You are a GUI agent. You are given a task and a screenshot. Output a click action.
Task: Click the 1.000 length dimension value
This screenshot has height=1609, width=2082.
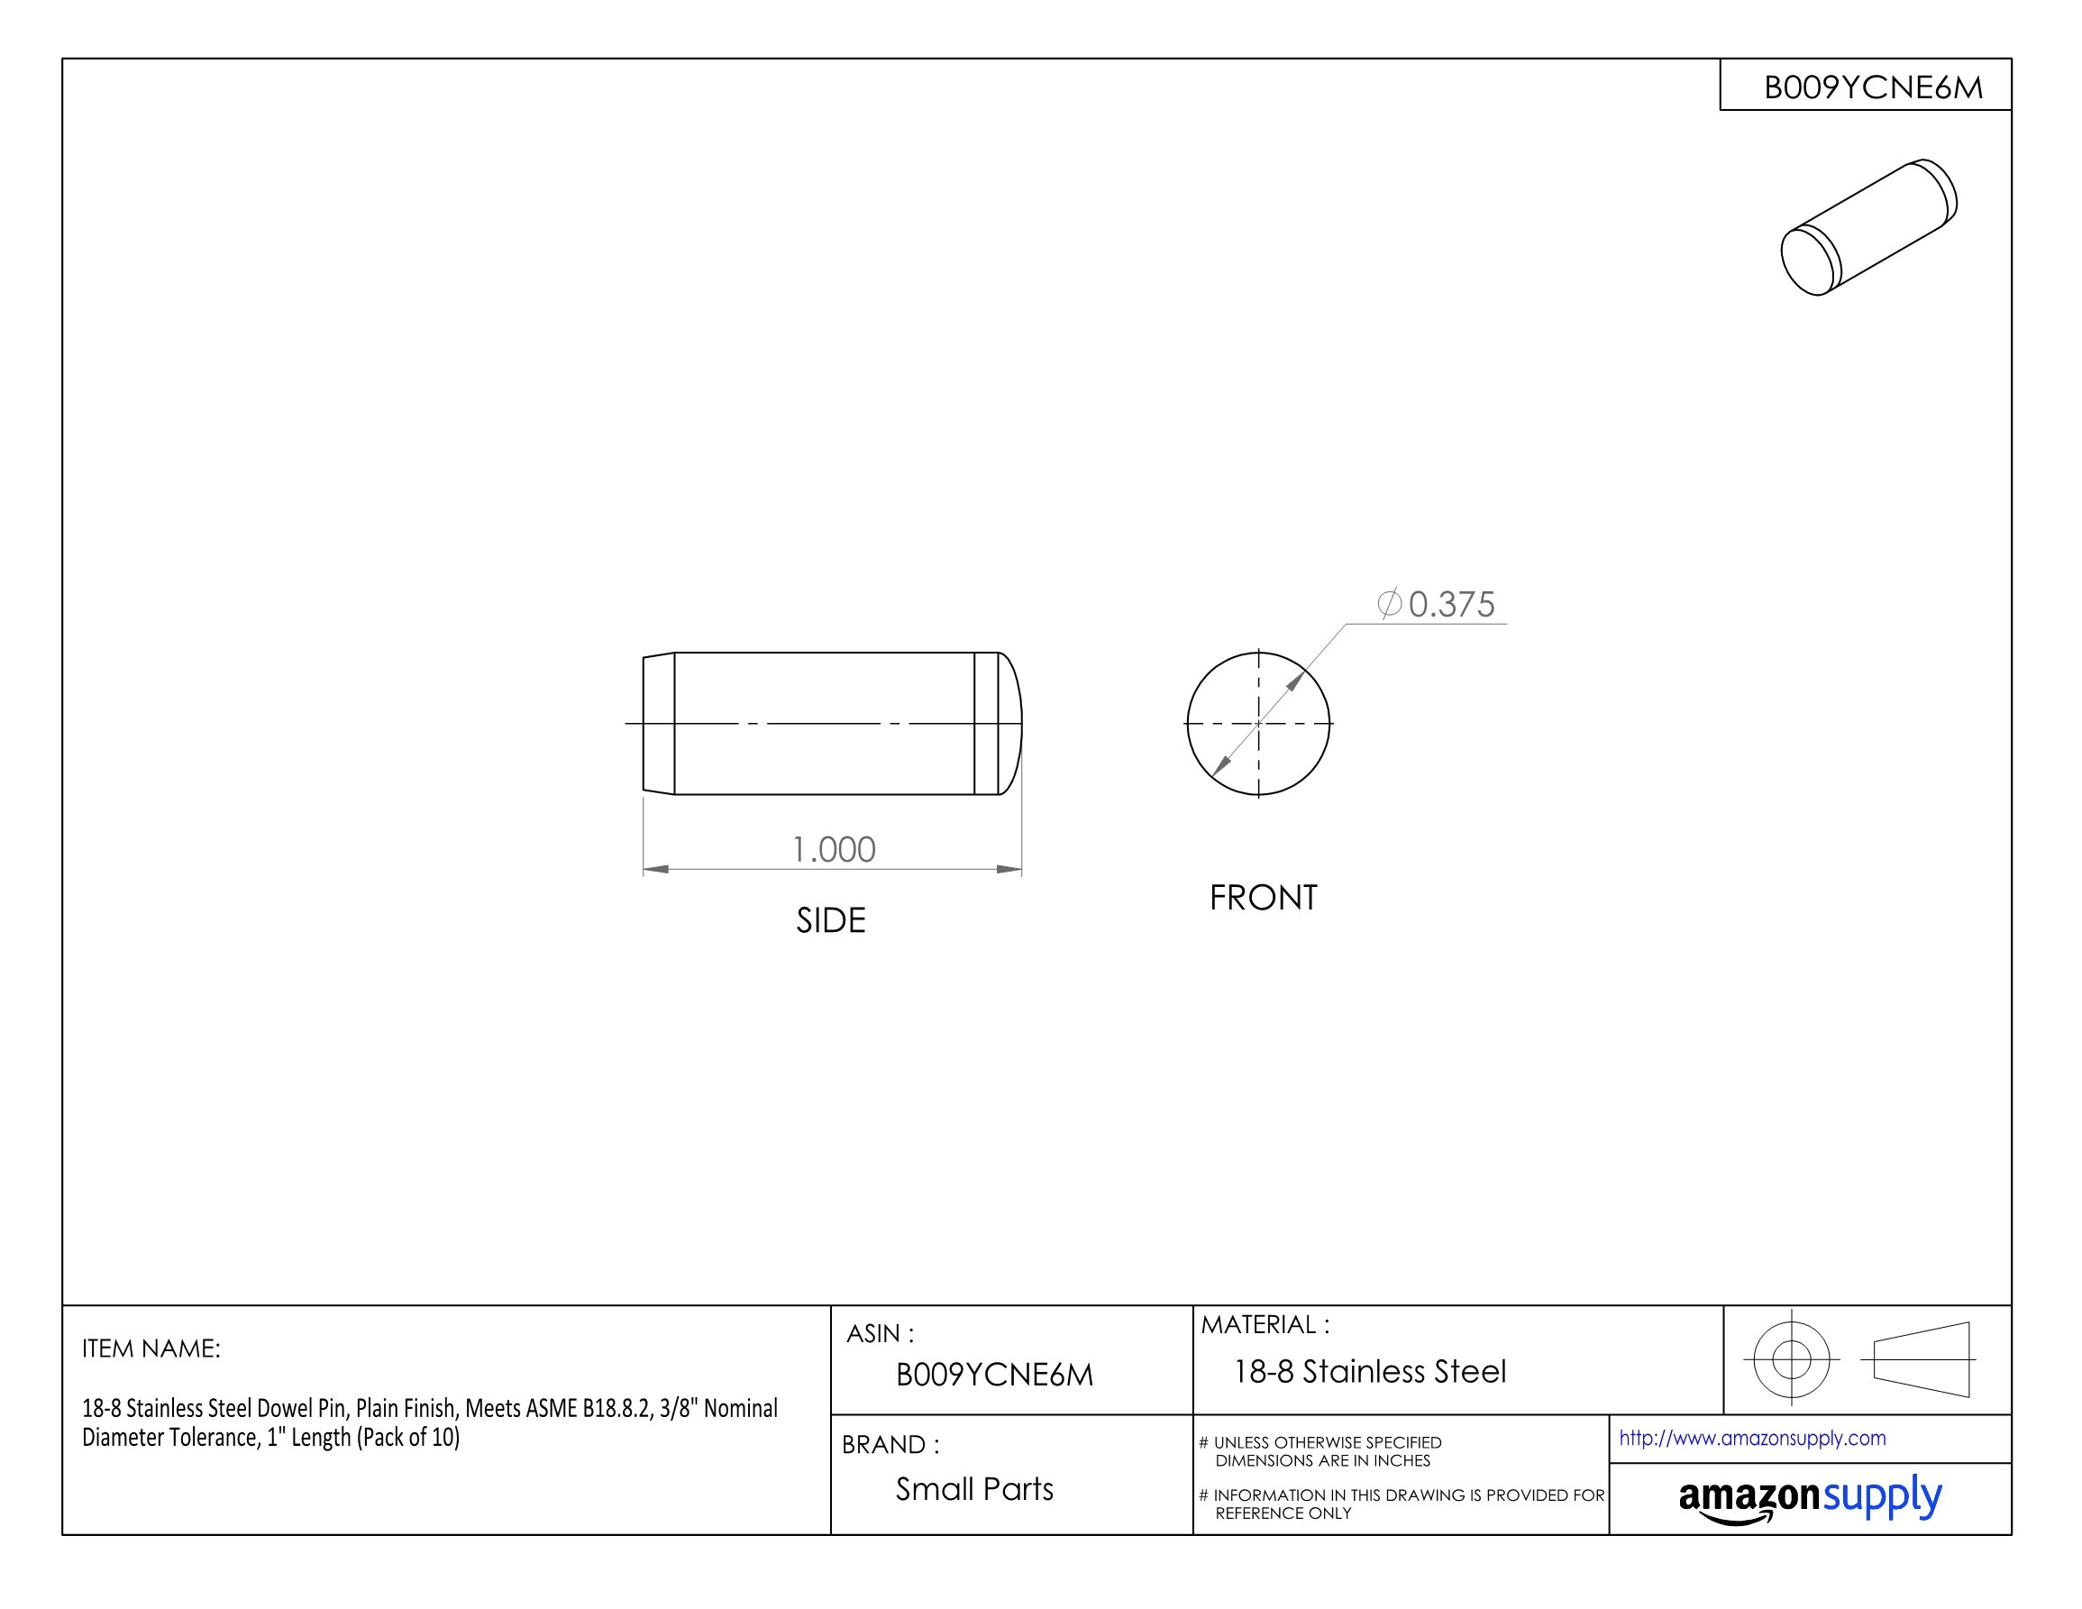(833, 849)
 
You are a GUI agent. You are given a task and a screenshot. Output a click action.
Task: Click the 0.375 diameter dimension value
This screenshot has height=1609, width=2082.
(1451, 604)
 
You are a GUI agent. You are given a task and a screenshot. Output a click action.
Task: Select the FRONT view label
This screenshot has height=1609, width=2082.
(1263, 898)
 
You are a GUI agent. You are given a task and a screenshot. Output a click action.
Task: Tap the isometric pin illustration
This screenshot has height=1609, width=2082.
(1867, 228)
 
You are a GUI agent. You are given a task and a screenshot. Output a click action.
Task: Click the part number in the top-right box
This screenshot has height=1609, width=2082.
(1872, 87)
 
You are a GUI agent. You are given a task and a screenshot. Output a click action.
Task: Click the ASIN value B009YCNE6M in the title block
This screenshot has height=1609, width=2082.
(994, 1375)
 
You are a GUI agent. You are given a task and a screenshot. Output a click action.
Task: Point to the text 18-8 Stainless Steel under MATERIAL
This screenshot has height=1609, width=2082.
(1370, 1372)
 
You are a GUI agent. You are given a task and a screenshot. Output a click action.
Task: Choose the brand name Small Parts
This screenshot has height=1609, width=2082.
(974, 1489)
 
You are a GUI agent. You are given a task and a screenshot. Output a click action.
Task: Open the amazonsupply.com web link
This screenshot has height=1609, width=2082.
(1751, 1438)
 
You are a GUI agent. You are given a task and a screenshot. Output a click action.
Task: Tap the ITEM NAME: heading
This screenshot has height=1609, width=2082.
(151, 1348)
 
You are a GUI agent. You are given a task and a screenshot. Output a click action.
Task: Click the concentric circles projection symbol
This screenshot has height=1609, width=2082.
(1790, 1359)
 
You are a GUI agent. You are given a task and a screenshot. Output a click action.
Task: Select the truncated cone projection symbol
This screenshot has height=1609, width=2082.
(1921, 1359)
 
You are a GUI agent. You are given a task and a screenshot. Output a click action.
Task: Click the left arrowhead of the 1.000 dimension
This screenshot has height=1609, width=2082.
(656, 869)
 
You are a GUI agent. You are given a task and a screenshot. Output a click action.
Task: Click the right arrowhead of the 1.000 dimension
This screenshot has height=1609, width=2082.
(1009, 869)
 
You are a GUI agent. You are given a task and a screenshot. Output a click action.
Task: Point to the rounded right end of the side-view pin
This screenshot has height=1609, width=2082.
(1010, 724)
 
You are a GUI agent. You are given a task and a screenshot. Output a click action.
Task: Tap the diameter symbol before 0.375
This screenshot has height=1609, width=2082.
(1389, 603)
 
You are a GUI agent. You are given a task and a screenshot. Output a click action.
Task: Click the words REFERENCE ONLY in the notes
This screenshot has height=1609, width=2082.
(1283, 1513)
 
